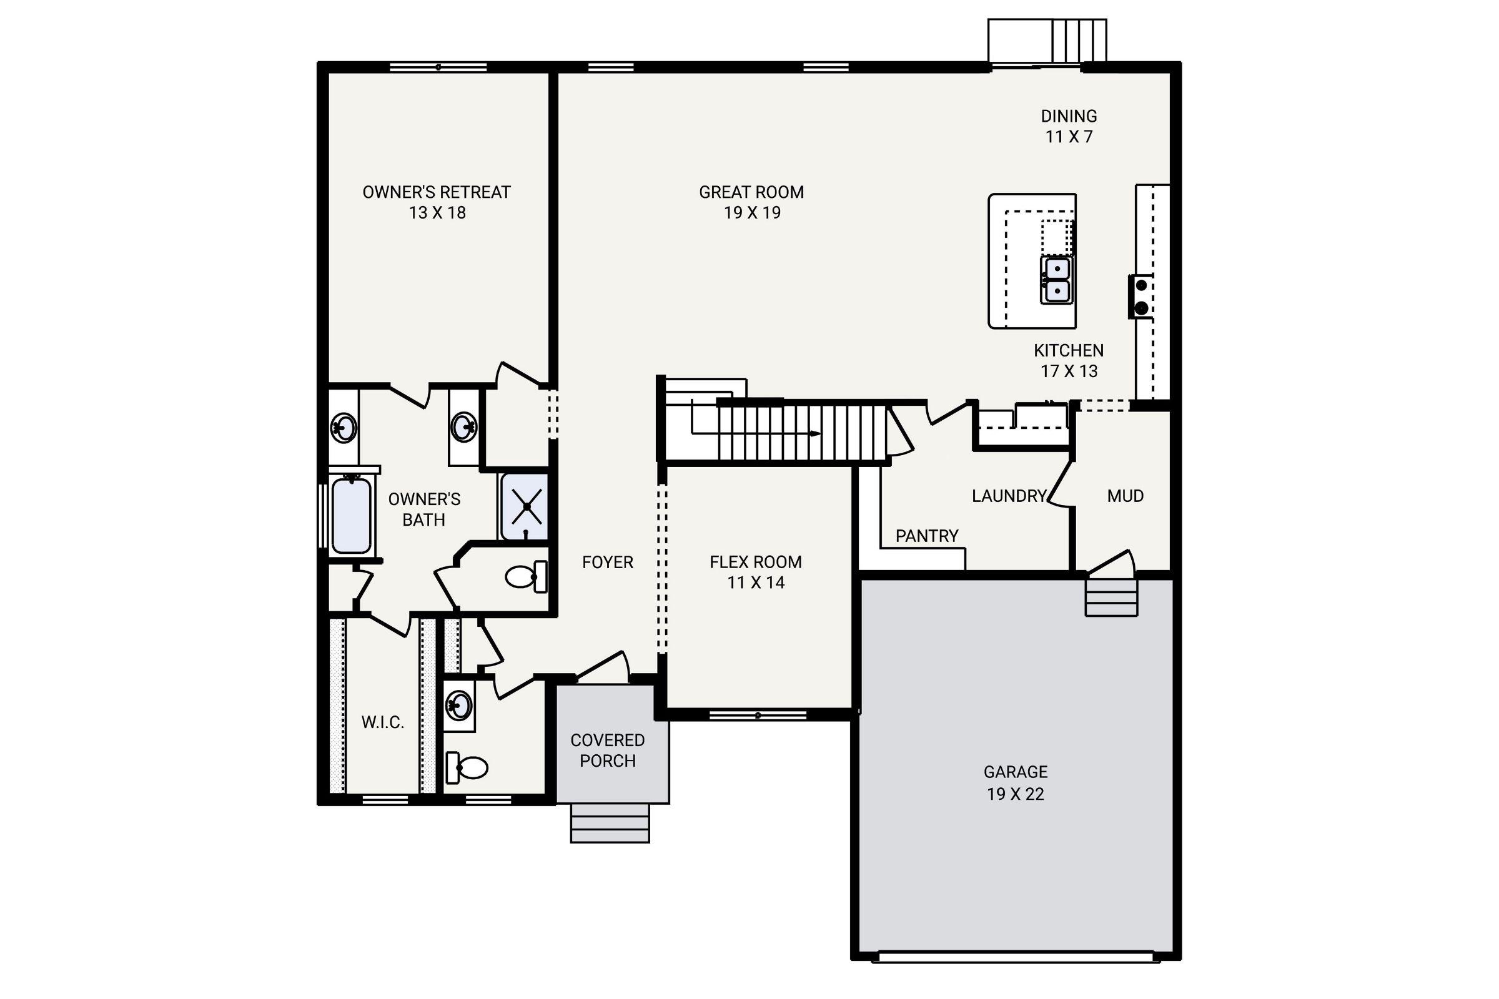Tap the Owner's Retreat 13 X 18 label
coord(437,202)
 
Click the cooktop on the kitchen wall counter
coord(1141,296)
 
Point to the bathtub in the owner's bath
coord(351,516)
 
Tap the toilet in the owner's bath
coord(525,576)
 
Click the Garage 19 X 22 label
coord(1016,782)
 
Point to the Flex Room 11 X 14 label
coord(755,571)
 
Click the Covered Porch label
coord(607,750)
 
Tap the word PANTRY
coord(927,536)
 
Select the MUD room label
coord(1125,496)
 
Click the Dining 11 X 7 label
coord(1069,126)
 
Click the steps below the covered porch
coord(610,823)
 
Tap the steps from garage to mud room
coord(1111,597)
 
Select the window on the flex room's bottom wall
coord(758,716)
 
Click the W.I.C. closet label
coord(382,722)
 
